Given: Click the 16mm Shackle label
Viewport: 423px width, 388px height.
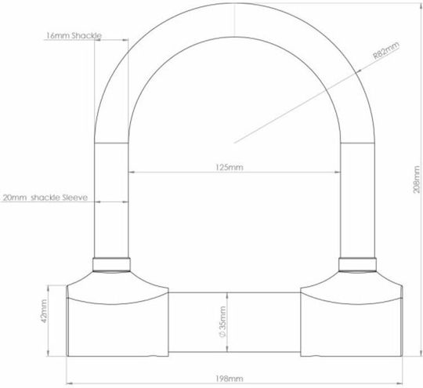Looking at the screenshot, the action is pyautogui.click(x=74, y=35).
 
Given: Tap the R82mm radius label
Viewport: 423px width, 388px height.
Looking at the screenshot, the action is pyautogui.click(x=386, y=50).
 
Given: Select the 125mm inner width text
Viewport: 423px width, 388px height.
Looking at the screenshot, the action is pyautogui.click(x=229, y=168).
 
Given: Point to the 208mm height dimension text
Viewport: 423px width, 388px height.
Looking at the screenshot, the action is pyautogui.click(x=417, y=179).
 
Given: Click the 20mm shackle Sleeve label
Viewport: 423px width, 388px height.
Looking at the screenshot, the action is pyautogui.click(x=45, y=198).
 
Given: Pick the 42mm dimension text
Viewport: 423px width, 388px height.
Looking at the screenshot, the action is pyautogui.click(x=44, y=311).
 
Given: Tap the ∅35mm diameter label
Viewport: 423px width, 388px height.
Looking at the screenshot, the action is pyautogui.click(x=222, y=322).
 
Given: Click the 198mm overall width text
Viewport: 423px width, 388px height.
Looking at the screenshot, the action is pyautogui.click(x=229, y=379).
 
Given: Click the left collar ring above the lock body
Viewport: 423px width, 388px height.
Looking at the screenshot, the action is pyautogui.click(x=111, y=265).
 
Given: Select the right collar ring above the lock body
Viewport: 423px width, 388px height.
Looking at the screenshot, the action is pyautogui.click(x=357, y=265).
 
